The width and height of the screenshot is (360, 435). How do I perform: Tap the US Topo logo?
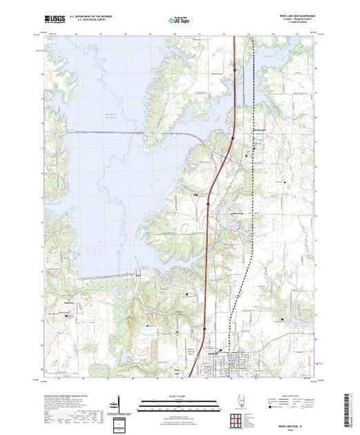pyautogui.click(x=180, y=21)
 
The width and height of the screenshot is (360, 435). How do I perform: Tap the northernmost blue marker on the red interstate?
pyautogui.click(x=235, y=69)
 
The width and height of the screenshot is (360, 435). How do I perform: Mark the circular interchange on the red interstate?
pyautogui.click(x=233, y=138)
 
